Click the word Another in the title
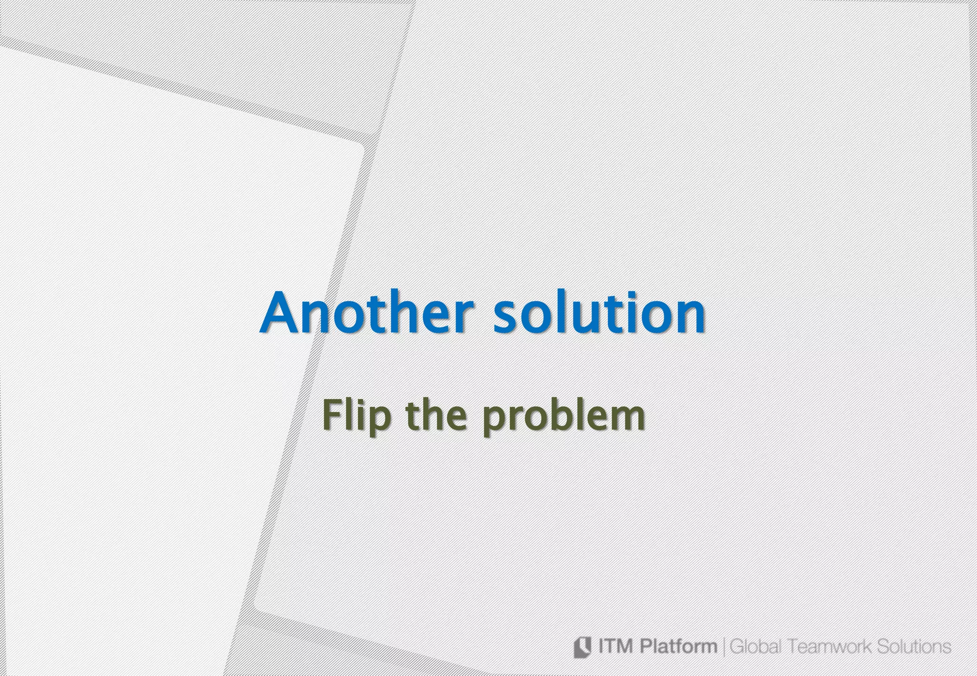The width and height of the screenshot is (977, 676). coord(367,313)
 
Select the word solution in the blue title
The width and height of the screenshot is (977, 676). coord(599,313)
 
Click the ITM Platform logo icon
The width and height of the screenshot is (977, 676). coord(582,647)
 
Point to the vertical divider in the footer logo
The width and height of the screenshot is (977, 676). coord(725,647)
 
